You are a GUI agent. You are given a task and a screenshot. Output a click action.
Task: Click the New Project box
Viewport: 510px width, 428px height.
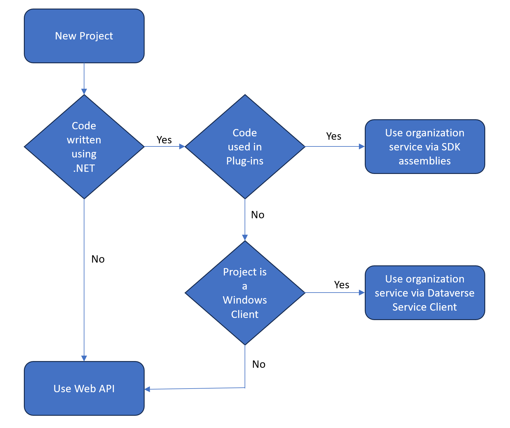coord(84,36)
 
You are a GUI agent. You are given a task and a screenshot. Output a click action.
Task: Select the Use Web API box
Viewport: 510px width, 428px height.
coord(84,388)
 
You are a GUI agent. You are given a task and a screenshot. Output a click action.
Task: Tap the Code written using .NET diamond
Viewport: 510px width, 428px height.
coord(84,147)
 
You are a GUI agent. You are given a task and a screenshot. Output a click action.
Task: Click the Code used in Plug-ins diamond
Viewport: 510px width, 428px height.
coord(245,147)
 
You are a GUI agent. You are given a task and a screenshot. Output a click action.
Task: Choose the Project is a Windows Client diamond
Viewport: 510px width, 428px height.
coord(245,293)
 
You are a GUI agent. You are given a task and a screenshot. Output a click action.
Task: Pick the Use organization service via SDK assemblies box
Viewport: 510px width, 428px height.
coord(425,147)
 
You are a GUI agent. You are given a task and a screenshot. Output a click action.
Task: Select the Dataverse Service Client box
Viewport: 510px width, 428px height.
coord(425,293)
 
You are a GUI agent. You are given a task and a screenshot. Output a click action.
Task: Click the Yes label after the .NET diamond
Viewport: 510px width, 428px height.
coord(164,140)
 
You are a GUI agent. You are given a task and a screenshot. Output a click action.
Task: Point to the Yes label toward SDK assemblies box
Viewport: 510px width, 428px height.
coord(334,136)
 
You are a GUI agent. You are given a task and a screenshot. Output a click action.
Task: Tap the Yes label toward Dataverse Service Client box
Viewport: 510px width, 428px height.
coord(342,285)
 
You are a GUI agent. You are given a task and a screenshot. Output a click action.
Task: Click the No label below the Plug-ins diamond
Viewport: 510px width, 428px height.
coord(257,215)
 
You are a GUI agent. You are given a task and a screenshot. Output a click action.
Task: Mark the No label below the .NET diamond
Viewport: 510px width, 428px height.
coord(98,259)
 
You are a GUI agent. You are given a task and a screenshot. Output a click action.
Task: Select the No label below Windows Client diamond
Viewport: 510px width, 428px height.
coord(259,364)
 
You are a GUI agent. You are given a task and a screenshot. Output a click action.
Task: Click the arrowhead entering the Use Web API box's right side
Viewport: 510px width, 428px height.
coord(147,389)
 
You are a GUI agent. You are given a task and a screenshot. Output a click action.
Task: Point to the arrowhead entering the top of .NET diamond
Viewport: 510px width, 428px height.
coord(84,92)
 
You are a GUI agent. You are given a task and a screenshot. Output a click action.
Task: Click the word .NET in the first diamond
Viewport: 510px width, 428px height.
coord(84,168)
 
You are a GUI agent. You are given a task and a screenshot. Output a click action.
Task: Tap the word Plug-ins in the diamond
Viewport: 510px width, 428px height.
coord(245,161)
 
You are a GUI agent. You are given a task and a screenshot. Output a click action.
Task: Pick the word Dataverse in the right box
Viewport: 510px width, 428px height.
coord(451,293)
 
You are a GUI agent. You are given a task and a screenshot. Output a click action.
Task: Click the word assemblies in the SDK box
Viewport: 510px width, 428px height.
coord(425,161)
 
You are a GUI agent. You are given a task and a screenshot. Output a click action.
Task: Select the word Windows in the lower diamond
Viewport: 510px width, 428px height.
coord(245,300)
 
